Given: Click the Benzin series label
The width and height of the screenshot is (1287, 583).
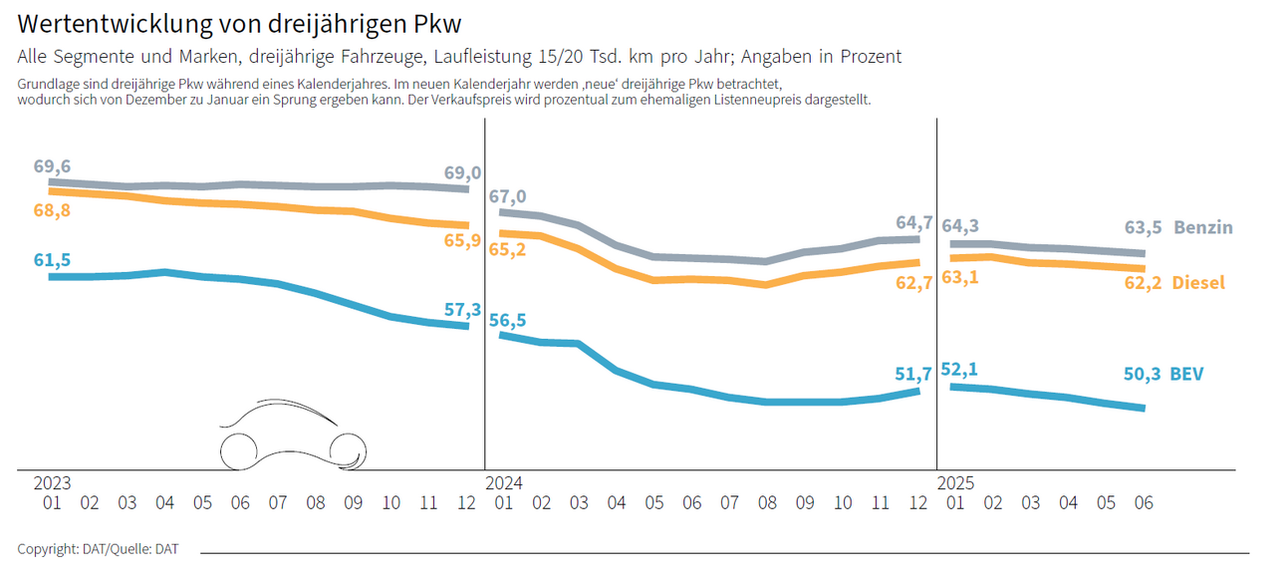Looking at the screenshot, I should click(x=1202, y=227).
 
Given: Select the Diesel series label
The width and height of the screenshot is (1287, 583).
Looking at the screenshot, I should click(x=1197, y=283).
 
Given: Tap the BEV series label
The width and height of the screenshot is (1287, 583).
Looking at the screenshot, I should click(x=1186, y=375).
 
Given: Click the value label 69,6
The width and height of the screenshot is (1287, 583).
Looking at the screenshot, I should click(x=52, y=166).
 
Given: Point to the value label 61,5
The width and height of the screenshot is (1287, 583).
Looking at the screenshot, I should click(x=52, y=260).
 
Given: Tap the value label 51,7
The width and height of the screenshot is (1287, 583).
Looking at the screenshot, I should click(x=913, y=375).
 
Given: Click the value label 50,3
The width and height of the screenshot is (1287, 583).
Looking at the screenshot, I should click(x=1142, y=375).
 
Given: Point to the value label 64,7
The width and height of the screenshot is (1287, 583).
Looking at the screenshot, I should click(x=913, y=222).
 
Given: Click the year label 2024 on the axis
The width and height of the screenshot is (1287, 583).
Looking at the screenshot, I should click(x=504, y=483).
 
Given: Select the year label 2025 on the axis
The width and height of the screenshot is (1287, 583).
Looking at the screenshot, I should click(x=956, y=483).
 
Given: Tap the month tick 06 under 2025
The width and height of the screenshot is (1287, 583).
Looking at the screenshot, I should click(x=1144, y=504).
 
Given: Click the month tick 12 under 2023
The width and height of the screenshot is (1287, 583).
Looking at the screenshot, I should click(x=466, y=504).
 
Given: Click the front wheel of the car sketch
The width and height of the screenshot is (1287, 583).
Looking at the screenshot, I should click(x=349, y=450).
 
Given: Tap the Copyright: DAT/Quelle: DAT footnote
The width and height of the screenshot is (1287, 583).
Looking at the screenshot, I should click(x=98, y=549).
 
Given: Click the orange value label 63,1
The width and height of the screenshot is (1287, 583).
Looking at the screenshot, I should click(x=960, y=277).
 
